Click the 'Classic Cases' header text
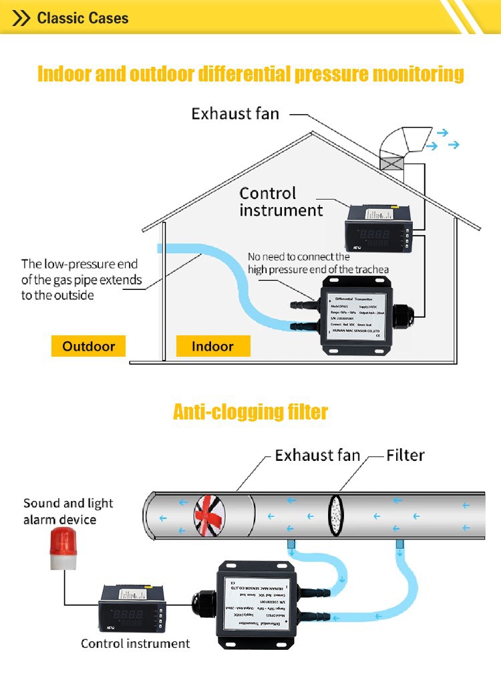click(83, 17)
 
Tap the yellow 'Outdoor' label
click(88, 346)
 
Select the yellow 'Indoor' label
click(212, 346)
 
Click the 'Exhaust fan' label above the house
click(235, 114)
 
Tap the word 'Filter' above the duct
click(405, 456)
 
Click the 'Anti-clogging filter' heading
click(251, 411)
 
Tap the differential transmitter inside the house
click(358, 315)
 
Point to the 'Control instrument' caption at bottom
click(136, 643)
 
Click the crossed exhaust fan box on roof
click(392, 163)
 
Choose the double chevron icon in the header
click(22, 18)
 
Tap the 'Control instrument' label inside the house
click(281, 202)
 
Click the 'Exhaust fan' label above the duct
click(317, 456)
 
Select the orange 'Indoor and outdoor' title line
click(251, 73)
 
